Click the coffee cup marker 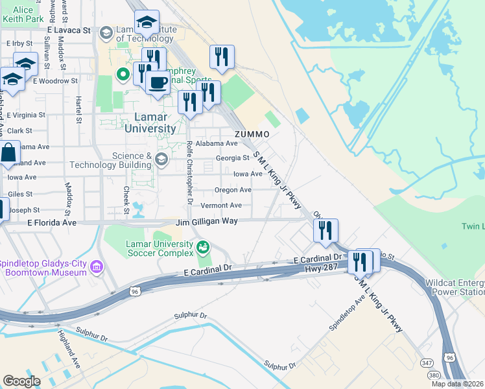[157, 83]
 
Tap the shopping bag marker [9, 154]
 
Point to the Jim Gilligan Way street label [207, 222]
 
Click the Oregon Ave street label [233, 190]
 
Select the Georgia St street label [232, 158]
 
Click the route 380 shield [433, 376]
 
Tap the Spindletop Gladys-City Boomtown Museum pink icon [97, 266]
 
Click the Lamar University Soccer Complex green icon [203, 246]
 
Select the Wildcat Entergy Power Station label [454, 288]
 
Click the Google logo [21, 381]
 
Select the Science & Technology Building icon [161, 158]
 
